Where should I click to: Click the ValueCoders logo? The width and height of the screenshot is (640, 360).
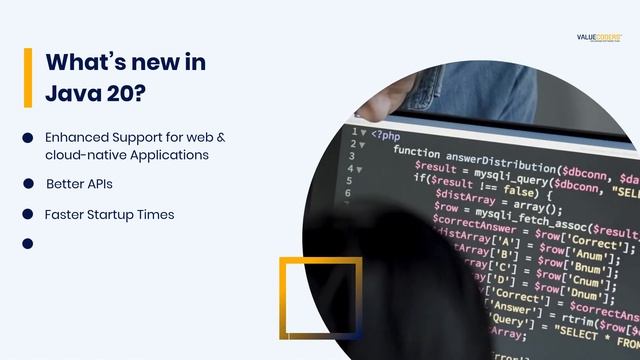pos(599,37)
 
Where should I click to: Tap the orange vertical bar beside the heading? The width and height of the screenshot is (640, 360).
pos(28,77)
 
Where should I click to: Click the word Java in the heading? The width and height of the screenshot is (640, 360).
pos(76,94)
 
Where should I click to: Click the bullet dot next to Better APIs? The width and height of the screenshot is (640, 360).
pos(28,184)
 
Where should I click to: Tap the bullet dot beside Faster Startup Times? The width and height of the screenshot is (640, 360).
pos(28,214)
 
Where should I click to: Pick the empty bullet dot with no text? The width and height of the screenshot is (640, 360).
pos(28,243)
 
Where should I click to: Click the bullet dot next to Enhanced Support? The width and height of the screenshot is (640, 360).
pos(28,137)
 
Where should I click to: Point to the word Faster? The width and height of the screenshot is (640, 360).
pos(64,214)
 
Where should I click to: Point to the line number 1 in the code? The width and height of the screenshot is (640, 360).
pos(352,131)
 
